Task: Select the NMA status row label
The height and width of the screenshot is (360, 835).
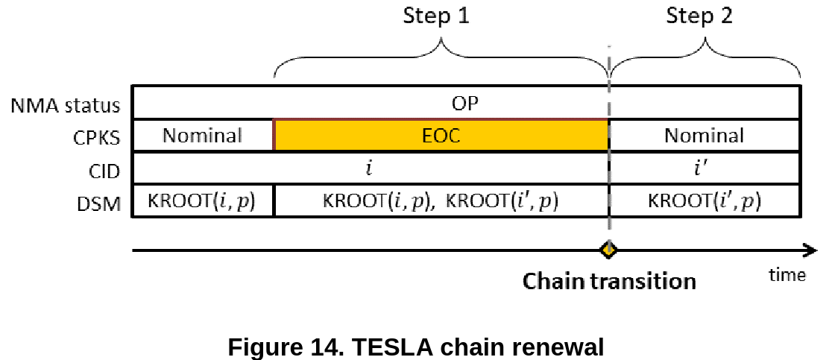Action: pos(66,105)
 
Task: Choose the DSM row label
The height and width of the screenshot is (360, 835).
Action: pos(104,203)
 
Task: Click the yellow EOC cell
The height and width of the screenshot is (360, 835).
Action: pos(441,136)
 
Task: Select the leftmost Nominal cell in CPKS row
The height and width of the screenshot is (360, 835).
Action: pos(203,136)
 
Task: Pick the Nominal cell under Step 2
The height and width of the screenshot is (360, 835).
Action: pos(704,136)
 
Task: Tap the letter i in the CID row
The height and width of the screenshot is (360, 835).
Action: pos(369,168)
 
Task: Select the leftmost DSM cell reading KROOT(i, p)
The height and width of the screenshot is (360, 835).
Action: pos(202,201)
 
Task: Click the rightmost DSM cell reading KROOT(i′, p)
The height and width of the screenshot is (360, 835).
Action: pos(704,201)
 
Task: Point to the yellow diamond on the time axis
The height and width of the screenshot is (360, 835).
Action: pos(608,250)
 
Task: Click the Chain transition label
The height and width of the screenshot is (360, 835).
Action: pos(608,281)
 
